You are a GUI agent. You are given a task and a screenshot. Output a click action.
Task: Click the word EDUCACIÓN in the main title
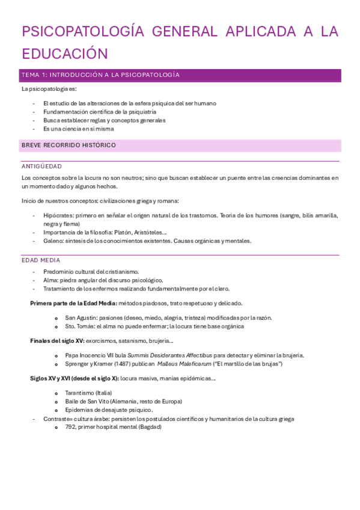(65, 54)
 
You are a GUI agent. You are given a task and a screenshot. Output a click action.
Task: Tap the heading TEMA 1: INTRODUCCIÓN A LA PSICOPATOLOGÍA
(100, 75)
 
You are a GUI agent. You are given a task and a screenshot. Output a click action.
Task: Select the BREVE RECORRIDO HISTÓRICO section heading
(69, 146)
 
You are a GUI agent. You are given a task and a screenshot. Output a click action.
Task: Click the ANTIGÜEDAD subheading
(41, 166)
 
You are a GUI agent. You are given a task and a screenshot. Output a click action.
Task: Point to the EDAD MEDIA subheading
(41, 260)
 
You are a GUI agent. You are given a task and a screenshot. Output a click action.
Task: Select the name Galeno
(53, 241)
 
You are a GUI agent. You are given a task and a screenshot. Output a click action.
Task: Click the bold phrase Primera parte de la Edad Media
(73, 303)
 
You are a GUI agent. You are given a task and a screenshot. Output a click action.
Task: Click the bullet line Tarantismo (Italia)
(88, 393)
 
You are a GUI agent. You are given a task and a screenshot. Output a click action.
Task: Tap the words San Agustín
(80, 318)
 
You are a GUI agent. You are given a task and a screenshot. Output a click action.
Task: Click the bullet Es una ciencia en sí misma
(79, 129)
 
